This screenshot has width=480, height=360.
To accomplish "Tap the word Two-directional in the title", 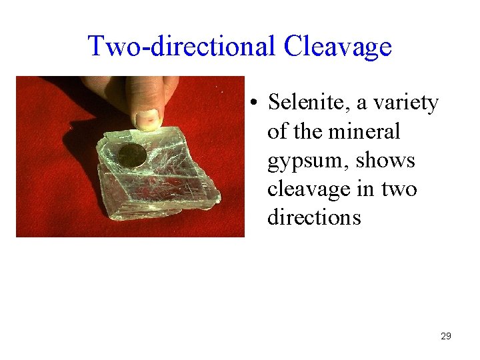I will (x=182, y=47).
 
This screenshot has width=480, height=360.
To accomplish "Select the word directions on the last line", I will (x=313, y=218).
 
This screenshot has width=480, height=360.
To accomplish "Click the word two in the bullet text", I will (x=399, y=189).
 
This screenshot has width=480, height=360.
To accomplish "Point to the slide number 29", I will (x=446, y=336).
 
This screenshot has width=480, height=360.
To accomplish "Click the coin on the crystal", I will (x=132, y=156).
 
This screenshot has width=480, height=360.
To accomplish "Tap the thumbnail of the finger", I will (x=147, y=119).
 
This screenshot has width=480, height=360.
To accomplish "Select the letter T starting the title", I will (x=96, y=47).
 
